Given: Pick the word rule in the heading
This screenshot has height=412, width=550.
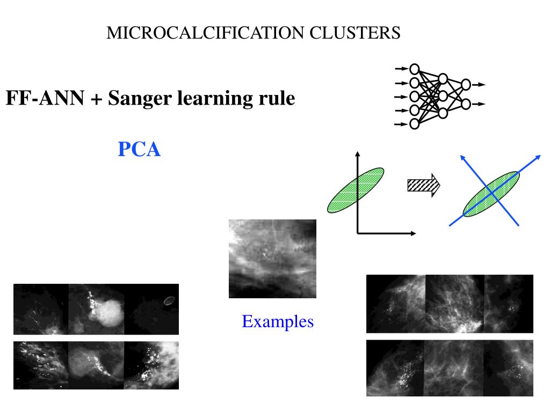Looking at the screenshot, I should pyautogui.click(x=277, y=99).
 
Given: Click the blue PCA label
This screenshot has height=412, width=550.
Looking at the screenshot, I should pyautogui.click(x=139, y=150).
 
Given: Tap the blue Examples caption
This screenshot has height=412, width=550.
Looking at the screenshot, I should pyautogui.click(x=278, y=322).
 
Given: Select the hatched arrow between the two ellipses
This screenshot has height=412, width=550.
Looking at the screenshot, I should pyautogui.click(x=424, y=186).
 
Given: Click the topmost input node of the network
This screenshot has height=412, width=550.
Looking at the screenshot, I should pyautogui.click(x=414, y=69).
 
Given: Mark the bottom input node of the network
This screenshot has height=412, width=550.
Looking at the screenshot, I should pyautogui.click(x=414, y=124).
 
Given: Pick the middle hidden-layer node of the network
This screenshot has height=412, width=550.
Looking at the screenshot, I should pyautogui.click(x=443, y=96).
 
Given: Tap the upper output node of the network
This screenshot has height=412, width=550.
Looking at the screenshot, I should pyautogui.click(x=466, y=84).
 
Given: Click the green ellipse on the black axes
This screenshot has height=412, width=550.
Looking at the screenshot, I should pyautogui.click(x=356, y=190).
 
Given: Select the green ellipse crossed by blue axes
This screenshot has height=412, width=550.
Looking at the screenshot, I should pyautogui.click(x=491, y=194).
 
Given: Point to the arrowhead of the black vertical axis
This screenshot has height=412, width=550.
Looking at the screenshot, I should pyautogui.click(x=356, y=154).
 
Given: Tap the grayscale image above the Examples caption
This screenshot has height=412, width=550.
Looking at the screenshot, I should pyautogui.click(x=272, y=259).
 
